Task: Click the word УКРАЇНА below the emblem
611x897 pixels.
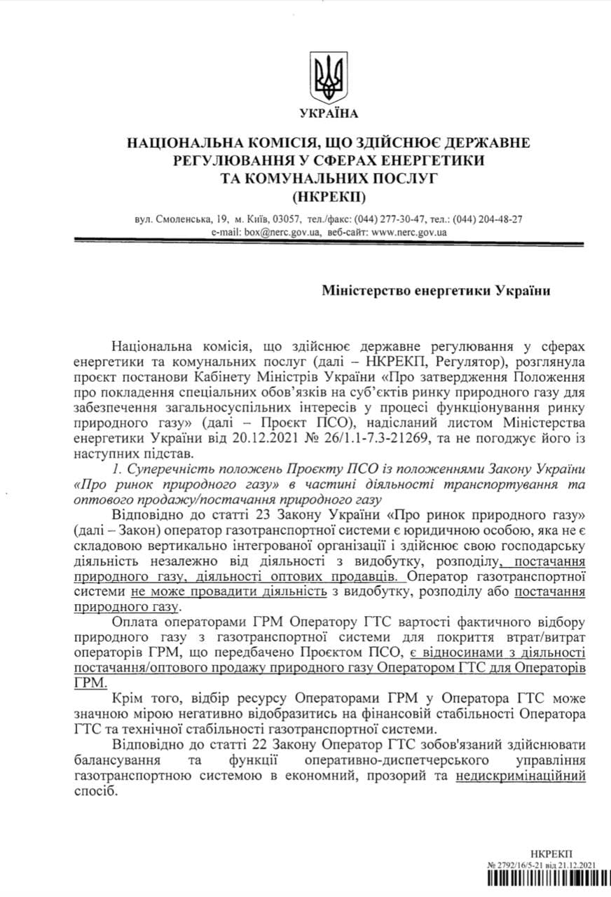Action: (x=328, y=114)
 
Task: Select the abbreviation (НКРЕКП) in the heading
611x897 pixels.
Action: (x=328, y=194)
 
